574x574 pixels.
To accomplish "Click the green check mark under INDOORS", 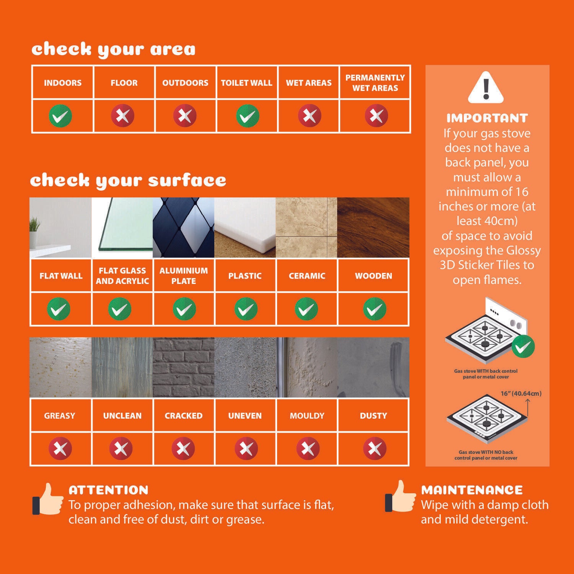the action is [x=60, y=116].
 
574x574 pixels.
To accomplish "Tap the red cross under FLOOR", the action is [x=122, y=116].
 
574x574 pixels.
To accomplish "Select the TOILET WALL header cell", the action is [x=247, y=83].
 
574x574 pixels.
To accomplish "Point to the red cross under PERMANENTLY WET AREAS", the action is [x=376, y=116].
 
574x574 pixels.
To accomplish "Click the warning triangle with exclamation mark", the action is [x=486, y=87].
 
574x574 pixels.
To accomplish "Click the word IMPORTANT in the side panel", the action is [x=487, y=118].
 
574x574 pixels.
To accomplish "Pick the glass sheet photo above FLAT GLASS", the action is [x=122, y=228].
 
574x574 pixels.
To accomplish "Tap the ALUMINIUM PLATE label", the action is [x=184, y=276].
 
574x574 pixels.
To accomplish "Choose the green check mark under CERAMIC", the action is [x=307, y=309].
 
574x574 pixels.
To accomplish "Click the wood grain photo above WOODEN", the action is [x=373, y=228].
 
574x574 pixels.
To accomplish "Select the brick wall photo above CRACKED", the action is [x=184, y=367].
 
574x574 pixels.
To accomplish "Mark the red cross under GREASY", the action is [x=60, y=448].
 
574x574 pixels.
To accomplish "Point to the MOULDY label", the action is [x=307, y=416].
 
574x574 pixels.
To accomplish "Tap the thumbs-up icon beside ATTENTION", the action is [x=48, y=499].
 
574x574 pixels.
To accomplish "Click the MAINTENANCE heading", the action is [x=472, y=490].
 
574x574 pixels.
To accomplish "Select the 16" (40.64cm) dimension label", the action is [x=521, y=393].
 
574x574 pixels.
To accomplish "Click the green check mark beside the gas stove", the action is [x=523, y=347].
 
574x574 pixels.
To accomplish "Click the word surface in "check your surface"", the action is [x=187, y=180].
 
